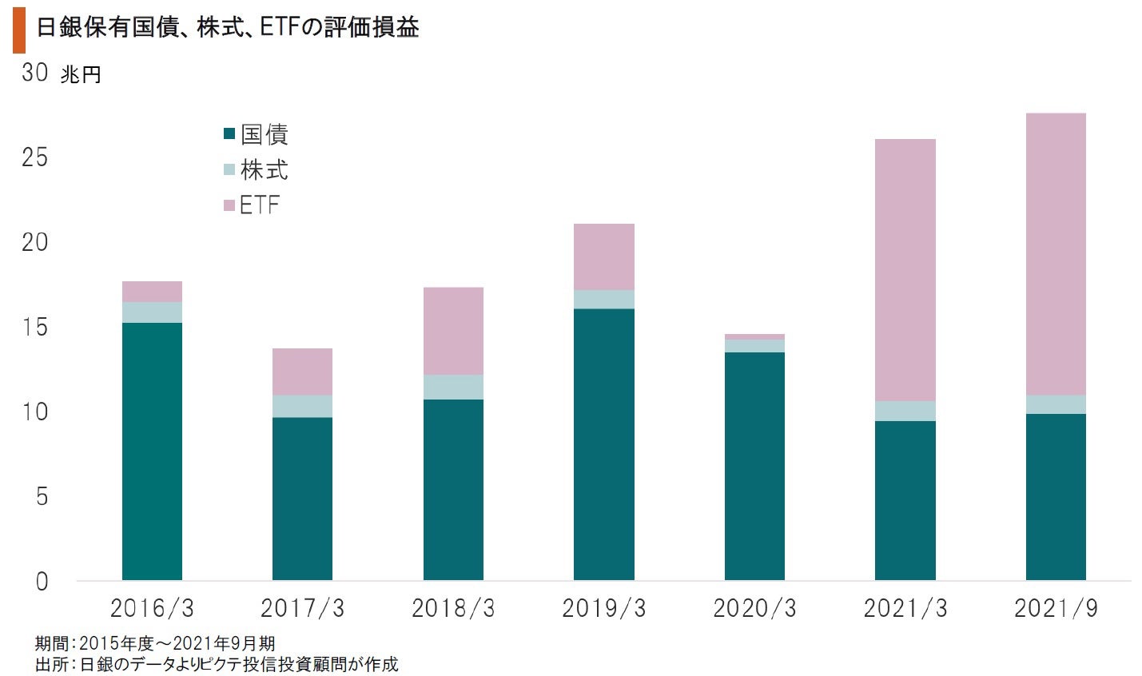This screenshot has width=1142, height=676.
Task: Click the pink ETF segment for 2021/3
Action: (905, 270)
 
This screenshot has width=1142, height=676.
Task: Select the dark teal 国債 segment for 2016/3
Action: (152, 451)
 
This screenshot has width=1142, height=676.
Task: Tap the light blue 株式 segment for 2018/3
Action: (453, 387)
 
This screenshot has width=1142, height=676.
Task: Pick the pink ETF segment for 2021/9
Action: (1055, 254)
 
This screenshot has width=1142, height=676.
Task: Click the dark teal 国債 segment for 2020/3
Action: (754, 466)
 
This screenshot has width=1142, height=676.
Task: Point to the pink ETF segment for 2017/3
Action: (302, 372)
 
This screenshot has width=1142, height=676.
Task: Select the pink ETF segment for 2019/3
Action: (603, 256)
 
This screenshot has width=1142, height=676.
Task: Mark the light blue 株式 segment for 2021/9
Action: (1055, 404)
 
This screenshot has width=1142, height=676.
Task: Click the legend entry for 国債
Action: (256, 134)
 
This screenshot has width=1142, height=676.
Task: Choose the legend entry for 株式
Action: (256, 169)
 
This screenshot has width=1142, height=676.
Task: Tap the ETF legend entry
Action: (252, 205)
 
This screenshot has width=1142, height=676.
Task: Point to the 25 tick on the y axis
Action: (34, 157)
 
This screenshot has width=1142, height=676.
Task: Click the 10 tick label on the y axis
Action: (34, 412)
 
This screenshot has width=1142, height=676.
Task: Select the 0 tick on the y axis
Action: (42, 582)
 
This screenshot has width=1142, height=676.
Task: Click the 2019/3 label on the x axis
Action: (603, 609)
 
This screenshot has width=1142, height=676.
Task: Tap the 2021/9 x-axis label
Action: (1055, 609)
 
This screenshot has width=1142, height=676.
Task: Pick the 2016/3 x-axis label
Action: (152, 609)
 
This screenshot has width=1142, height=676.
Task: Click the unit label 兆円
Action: (81, 75)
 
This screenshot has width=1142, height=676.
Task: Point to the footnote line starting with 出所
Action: (217, 664)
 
